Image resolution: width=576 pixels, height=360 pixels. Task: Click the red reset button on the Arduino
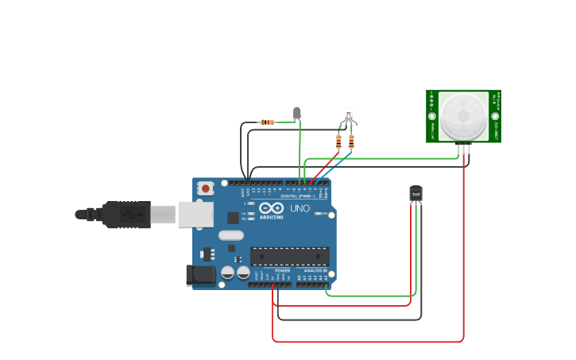click(206, 188)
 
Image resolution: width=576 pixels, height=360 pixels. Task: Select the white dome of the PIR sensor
click(463, 114)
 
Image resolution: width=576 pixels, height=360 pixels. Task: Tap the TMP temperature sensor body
click(416, 193)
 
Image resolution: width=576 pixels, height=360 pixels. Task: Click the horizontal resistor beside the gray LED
click(268, 122)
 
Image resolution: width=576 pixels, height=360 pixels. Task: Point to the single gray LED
click(297, 113)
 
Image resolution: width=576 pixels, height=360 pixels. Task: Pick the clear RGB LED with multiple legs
click(348, 116)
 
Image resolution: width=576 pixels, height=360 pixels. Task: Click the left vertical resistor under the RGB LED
click(339, 142)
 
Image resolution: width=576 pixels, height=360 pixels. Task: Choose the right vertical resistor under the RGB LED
click(351, 142)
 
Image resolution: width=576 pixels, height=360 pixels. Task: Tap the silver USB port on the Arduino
click(195, 214)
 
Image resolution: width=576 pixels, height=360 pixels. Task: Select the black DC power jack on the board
click(199, 274)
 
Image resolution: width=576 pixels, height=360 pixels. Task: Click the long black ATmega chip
click(289, 256)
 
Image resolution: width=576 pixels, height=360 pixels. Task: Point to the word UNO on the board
click(300, 208)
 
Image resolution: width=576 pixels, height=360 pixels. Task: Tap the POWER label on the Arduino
click(282, 270)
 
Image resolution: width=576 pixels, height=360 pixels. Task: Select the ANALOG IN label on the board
click(315, 270)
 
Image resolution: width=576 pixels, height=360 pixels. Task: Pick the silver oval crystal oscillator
click(231, 234)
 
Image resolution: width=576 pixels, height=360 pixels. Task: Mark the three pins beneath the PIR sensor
click(463, 148)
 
